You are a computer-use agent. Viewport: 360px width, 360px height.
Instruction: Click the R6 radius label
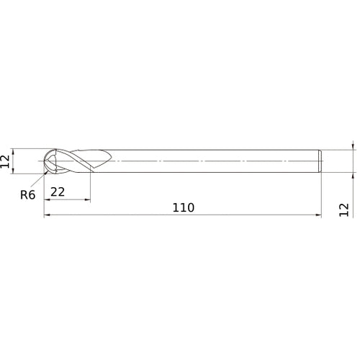(27, 194)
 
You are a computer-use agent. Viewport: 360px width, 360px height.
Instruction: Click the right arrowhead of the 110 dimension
(318, 215)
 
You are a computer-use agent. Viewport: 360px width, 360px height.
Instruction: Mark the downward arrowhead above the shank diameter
(353, 146)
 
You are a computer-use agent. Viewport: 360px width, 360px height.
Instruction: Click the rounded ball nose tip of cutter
(45, 161)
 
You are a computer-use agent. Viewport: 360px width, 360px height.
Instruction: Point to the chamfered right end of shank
(320, 161)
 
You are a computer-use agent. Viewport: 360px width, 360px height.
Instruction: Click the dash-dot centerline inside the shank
(216, 161)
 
